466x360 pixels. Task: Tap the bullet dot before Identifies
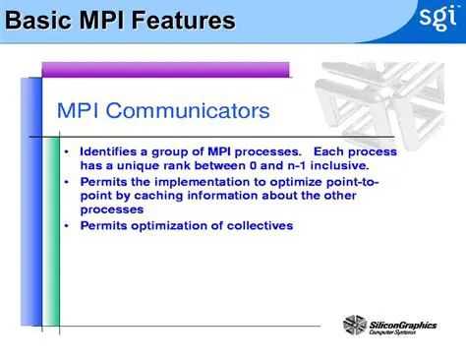(66, 152)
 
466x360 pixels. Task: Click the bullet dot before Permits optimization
(66, 226)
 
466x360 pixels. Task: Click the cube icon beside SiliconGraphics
(355, 326)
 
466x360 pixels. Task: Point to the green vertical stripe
(51, 216)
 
